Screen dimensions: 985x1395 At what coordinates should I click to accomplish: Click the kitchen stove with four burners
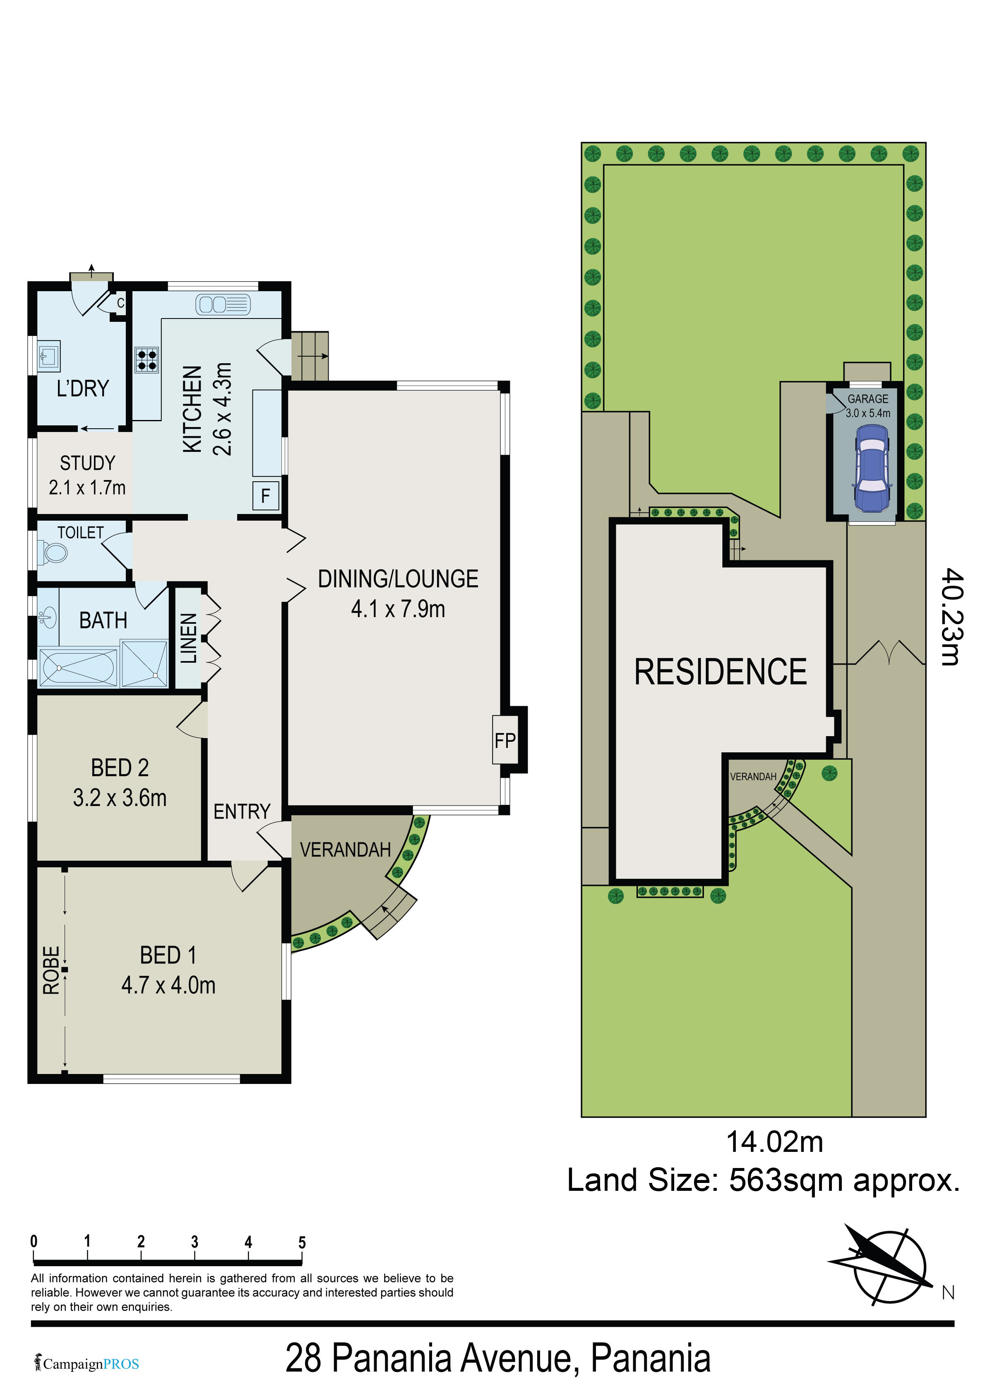[x=147, y=359]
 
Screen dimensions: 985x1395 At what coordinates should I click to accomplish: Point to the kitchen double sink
[x=223, y=304]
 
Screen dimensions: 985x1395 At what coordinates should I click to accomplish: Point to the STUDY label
[x=87, y=463]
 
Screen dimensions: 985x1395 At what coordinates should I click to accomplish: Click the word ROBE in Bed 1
[x=51, y=970]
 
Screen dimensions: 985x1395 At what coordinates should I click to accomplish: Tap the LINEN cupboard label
[x=189, y=638]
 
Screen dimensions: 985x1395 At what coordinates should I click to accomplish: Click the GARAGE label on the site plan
[x=868, y=398]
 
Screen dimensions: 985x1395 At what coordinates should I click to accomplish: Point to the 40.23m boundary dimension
[x=951, y=617]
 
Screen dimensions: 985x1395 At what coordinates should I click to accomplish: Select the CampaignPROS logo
[x=87, y=1364]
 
